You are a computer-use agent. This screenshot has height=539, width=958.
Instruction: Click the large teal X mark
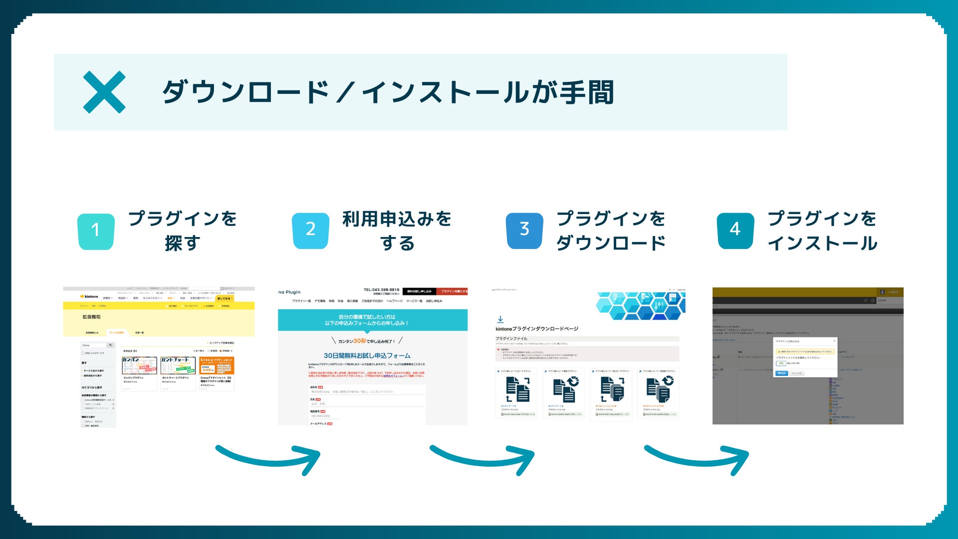pos(104,92)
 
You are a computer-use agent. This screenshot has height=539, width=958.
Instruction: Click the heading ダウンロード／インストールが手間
pos(388,92)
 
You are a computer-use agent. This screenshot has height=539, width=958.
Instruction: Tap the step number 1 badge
pos(96,231)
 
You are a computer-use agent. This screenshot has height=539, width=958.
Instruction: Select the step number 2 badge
pos(310,230)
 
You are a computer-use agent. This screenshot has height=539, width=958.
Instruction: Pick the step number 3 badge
pos(524,230)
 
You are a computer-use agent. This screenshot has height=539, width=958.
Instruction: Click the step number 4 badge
pos(735,230)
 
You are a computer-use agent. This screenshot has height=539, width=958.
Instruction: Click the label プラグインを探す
pos(183,231)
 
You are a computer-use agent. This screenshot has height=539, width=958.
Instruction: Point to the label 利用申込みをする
pos(397,231)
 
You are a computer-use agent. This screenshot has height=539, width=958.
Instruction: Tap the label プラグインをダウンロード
pos(611,231)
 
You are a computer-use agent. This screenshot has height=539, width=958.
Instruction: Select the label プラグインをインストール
pos(822,231)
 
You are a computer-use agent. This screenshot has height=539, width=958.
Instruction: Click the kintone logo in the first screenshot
pos(89,296)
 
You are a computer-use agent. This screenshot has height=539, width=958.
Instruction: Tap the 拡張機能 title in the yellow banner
pos(91,317)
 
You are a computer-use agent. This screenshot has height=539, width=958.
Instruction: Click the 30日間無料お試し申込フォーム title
pos(367,356)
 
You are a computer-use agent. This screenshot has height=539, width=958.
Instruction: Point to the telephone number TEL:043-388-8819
pos(381,289)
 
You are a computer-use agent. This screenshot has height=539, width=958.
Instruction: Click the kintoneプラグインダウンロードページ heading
pos(537,329)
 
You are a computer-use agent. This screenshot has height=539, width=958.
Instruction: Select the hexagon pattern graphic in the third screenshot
pos(641,305)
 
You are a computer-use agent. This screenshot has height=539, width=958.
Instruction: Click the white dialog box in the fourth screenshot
pos(805,357)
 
